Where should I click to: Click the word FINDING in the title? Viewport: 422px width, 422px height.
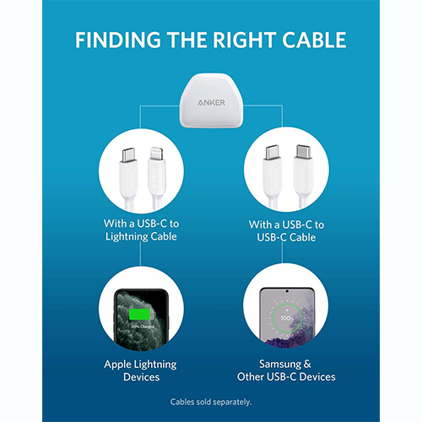[118, 40]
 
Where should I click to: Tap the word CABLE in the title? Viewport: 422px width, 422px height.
[314, 40]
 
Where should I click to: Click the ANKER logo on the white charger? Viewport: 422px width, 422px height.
[211, 103]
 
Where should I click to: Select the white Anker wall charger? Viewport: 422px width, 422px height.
[211, 100]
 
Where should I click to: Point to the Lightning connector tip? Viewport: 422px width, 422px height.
[155, 153]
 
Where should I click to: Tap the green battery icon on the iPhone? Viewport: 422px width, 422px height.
[139, 314]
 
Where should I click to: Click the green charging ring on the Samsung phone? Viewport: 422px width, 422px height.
[287, 318]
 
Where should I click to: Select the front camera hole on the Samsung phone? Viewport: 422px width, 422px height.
[287, 291]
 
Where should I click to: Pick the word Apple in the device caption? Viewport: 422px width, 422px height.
[116, 365]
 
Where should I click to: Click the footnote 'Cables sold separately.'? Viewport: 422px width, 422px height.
[211, 402]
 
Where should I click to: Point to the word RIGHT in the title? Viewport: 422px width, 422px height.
[244, 40]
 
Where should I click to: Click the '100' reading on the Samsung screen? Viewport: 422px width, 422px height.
[285, 318]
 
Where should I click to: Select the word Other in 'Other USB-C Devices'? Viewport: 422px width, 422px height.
[251, 376]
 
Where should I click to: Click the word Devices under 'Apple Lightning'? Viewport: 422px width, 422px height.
[142, 377]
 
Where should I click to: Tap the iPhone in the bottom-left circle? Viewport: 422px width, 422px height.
[142, 319]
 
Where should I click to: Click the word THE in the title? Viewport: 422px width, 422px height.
[187, 40]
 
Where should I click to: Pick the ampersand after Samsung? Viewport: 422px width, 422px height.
[307, 364]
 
